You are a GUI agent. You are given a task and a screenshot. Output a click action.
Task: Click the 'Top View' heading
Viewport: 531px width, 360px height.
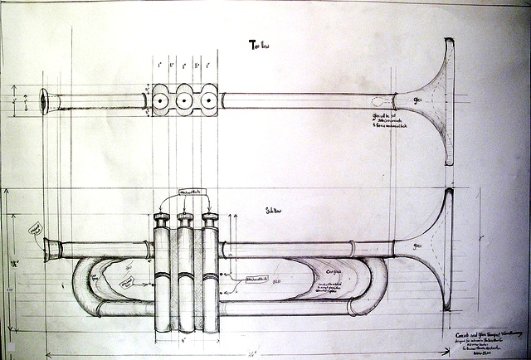260,45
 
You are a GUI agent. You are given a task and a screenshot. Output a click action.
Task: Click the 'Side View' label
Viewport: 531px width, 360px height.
273,211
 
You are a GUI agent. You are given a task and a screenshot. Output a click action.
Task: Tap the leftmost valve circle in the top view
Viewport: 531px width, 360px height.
158,100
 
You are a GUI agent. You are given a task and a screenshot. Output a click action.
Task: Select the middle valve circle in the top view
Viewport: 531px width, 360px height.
183,100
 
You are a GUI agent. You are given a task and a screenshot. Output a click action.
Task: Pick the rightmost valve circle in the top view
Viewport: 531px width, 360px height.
207,100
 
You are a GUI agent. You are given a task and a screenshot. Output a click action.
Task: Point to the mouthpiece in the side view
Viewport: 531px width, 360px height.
51,247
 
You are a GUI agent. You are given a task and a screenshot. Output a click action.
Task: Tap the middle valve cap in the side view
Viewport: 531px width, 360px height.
185,219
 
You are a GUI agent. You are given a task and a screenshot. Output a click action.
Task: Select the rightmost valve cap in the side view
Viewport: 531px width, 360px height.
210,219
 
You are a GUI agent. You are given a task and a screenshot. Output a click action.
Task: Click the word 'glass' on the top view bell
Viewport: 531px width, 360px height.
418,99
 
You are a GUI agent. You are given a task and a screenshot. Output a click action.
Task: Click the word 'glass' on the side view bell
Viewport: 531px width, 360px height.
418,246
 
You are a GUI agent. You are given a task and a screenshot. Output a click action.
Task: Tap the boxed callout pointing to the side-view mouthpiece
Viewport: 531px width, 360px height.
35,227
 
